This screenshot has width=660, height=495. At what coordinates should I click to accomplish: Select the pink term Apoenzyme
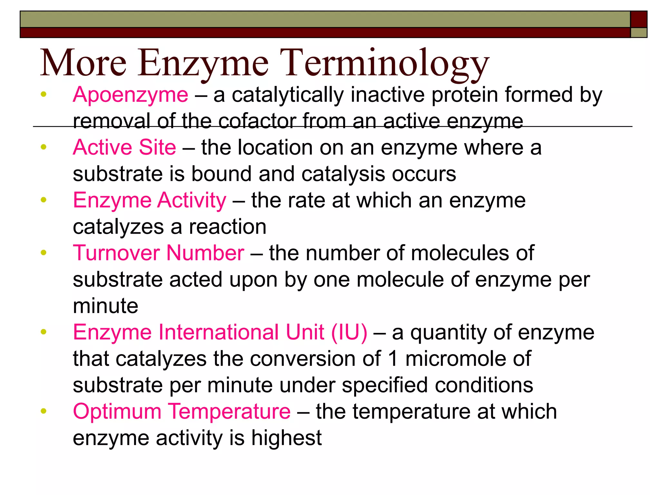131,95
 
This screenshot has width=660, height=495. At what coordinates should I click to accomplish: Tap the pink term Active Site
124,148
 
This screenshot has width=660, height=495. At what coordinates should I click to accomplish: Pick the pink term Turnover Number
158,253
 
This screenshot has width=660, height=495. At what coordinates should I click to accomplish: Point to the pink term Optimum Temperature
182,412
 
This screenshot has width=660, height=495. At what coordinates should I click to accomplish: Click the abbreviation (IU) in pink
349,332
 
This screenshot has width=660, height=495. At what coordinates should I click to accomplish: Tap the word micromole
456,359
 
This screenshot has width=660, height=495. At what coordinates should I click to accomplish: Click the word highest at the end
286,438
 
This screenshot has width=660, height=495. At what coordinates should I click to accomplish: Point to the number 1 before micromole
393,359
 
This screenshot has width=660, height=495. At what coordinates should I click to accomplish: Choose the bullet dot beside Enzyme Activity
44,200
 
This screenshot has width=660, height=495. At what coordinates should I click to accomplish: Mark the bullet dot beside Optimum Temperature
44,411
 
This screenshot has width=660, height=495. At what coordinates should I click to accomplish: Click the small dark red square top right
638,19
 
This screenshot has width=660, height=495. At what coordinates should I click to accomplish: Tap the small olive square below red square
638,33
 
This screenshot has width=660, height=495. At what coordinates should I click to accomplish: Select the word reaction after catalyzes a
228,227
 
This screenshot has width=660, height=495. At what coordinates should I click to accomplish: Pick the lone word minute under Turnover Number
105,306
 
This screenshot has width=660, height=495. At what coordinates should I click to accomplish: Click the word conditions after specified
484,385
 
